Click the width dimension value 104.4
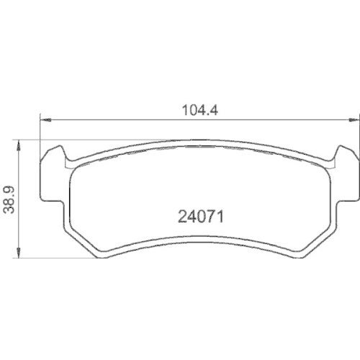[x=199, y=111]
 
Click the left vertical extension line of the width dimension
[x=39, y=130]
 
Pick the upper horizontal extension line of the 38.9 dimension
[x=29, y=140]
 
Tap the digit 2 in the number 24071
[x=181, y=215]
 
